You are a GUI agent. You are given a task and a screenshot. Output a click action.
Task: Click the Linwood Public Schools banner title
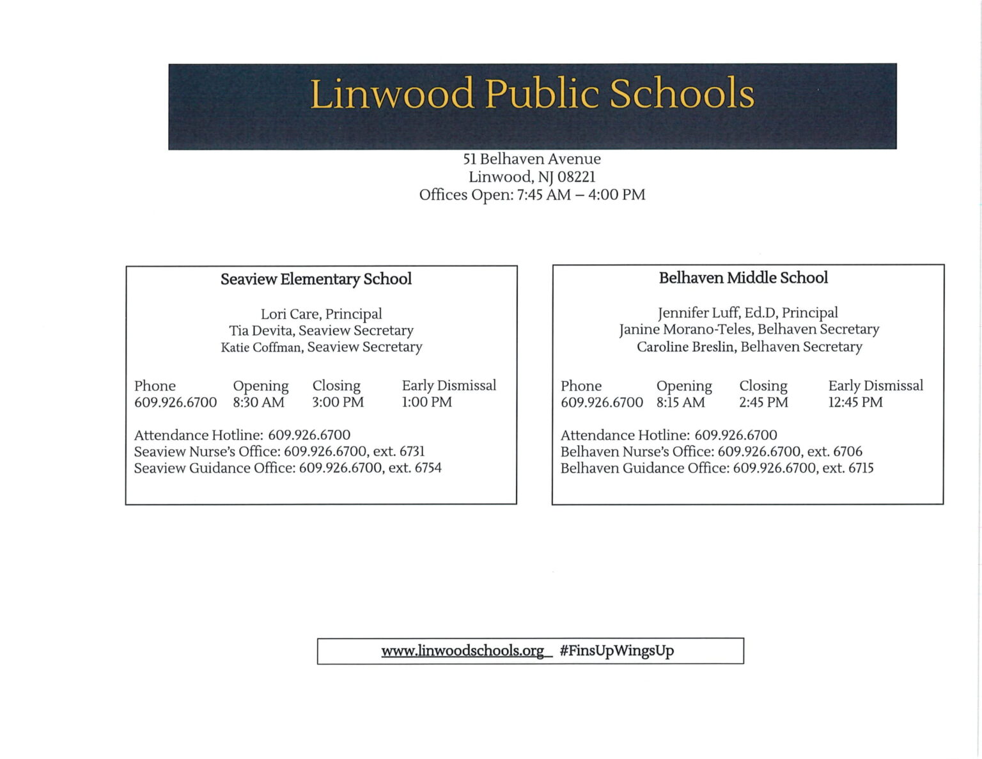point(532,94)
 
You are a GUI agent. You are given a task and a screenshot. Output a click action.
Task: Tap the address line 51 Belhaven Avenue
point(532,159)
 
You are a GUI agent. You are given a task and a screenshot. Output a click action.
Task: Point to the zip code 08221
point(576,176)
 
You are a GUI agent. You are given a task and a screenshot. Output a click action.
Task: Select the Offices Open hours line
point(532,194)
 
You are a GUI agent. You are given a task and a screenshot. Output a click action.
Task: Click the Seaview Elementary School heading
point(316,279)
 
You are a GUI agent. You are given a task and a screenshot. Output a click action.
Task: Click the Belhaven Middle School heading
point(743,278)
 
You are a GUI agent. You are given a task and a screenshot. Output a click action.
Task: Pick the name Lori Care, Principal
point(321,314)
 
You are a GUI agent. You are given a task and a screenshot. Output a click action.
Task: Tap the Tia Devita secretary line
point(321,331)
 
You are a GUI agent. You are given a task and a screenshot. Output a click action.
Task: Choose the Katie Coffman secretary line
point(321,347)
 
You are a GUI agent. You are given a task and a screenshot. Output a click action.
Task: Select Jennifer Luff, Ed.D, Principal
point(747,313)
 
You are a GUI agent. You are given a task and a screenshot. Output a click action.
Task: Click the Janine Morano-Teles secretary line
point(749,329)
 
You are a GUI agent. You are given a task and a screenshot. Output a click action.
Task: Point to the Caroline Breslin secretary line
point(749,347)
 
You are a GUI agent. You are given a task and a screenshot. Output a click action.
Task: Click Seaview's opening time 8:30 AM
point(258,402)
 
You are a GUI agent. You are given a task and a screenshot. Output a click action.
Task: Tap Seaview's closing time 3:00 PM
point(338,402)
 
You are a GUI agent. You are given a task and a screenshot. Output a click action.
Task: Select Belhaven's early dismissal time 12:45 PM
point(855,402)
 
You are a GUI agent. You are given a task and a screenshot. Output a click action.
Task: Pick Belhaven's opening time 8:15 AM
point(680,402)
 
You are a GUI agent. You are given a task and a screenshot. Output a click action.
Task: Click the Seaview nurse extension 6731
point(412,451)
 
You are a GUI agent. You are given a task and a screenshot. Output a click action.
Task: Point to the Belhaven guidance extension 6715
point(861,468)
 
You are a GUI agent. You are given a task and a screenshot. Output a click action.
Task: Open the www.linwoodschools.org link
point(462,651)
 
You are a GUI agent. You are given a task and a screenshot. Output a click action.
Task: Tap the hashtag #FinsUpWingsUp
point(616,651)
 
